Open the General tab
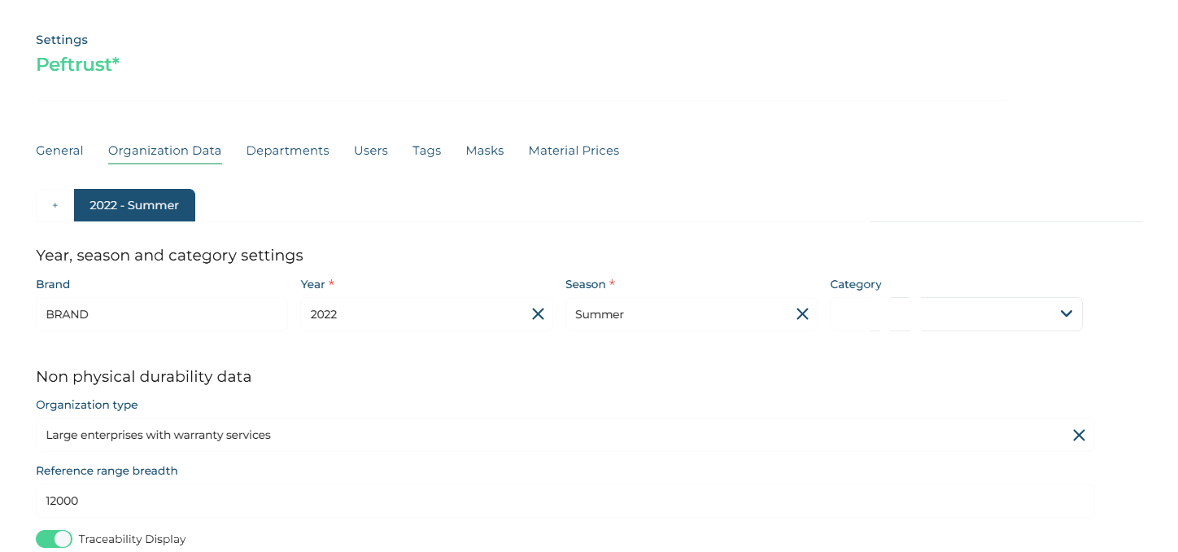pos(59,151)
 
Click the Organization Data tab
pos(164,151)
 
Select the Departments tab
pos(288,151)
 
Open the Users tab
pos(371,151)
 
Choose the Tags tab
pos(426,151)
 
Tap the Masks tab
pos(485,151)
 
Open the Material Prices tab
pos(574,151)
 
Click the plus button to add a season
pos(55,205)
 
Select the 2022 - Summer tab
pos(134,205)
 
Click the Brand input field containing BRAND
pos(162,314)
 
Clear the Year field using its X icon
pos(538,314)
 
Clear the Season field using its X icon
pos(802,314)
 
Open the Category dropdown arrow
pos(1067,313)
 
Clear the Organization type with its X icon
pos(1079,436)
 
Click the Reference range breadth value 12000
pos(62,501)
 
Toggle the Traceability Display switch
pos(54,539)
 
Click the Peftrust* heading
pos(78,64)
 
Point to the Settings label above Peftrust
pos(62,40)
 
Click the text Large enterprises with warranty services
pos(159,436)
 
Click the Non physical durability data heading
pos(143,377)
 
